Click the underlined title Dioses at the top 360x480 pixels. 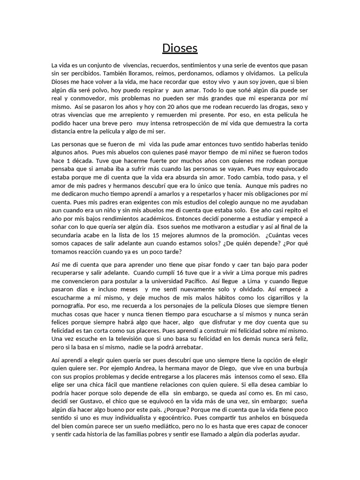pos(180,48)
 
